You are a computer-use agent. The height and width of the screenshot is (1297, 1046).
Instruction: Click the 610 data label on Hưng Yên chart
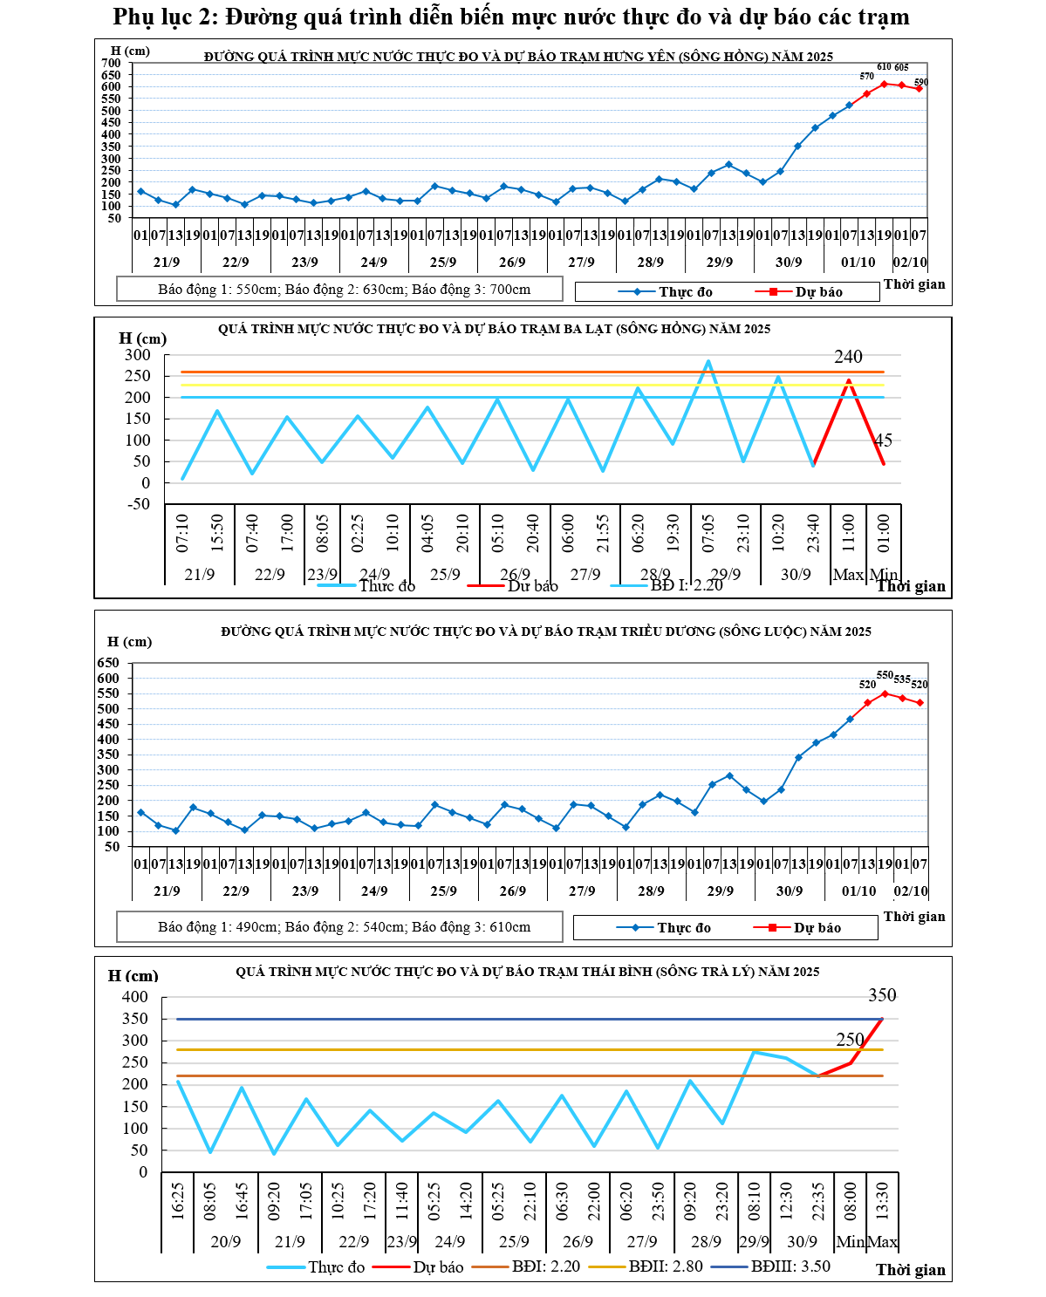(884, 67)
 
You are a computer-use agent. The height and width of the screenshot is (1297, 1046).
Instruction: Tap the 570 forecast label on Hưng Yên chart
(866, 77)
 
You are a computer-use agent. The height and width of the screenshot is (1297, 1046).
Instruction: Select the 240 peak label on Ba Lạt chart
(848, 357)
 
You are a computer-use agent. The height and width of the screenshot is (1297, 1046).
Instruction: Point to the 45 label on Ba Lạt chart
(884, 440)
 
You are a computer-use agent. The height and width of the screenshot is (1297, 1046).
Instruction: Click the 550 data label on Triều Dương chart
(885, 675)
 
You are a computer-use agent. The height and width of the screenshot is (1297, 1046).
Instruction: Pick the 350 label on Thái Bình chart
(882, 995)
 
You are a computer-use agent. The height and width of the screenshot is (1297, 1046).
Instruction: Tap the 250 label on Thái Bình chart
(850, 1040)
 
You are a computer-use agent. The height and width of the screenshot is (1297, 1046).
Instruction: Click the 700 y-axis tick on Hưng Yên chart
(111, 63)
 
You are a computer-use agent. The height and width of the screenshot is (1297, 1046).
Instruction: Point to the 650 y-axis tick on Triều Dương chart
(108, 663)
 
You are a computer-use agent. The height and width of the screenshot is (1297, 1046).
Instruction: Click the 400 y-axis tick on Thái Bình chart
(134, 997)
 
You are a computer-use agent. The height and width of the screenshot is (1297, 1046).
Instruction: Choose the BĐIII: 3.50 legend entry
(790, 1266)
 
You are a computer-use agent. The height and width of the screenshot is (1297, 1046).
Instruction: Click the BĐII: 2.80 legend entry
(665, 1266)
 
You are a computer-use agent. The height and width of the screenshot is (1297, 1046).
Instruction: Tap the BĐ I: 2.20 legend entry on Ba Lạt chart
(686, 585)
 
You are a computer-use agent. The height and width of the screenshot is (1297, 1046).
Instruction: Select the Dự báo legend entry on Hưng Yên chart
(818, 292)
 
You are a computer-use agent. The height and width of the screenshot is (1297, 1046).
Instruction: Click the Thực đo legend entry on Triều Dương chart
(683, 928)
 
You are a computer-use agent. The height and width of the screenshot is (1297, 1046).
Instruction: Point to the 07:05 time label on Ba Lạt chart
(708, 533)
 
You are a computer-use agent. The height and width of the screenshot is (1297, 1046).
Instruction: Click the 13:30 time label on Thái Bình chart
(882, 1200)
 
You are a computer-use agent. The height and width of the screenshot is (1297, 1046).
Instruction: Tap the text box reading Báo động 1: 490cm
(340, 927)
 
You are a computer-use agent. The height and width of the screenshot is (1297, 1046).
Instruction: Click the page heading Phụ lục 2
(511, 17)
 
